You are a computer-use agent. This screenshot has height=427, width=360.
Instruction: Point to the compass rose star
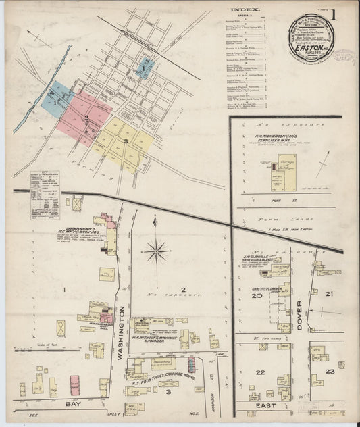pos(156,251)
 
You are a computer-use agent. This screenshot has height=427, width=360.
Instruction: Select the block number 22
pos(259,372)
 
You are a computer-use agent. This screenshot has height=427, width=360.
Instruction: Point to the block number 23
pos(329,371)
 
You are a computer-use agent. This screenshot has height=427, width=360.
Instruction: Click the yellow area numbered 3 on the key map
pos(126,141)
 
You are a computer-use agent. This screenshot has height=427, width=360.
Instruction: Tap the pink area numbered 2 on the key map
pos(86,118)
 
